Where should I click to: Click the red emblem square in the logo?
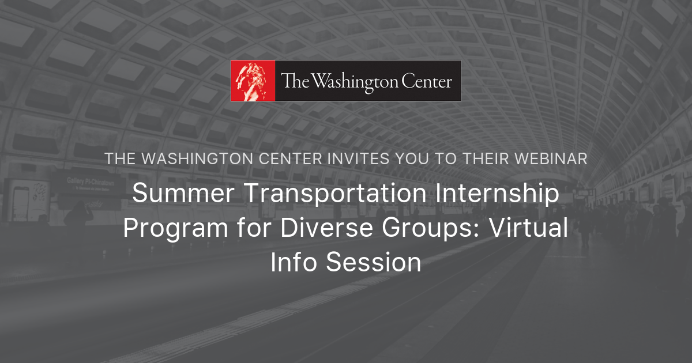[x=253, y=81]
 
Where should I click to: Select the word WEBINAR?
[x=554, y=159]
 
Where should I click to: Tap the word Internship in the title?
[x=497, y=194]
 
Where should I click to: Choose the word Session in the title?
[x=374, y=263]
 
